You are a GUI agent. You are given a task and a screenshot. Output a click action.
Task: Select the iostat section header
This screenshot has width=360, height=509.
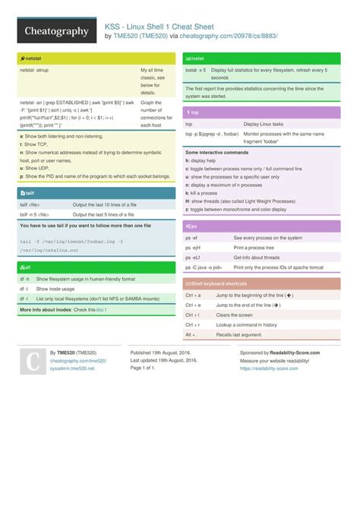(197, 58)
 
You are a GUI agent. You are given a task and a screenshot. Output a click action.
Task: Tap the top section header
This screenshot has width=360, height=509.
(194, 112)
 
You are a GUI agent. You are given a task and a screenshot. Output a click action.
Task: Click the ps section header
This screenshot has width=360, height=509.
(194, 226)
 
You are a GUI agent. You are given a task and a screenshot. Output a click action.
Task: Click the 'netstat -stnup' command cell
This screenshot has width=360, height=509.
(37, 70)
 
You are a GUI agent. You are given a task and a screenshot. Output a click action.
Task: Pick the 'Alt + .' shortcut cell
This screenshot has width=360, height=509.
(191, 334)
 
